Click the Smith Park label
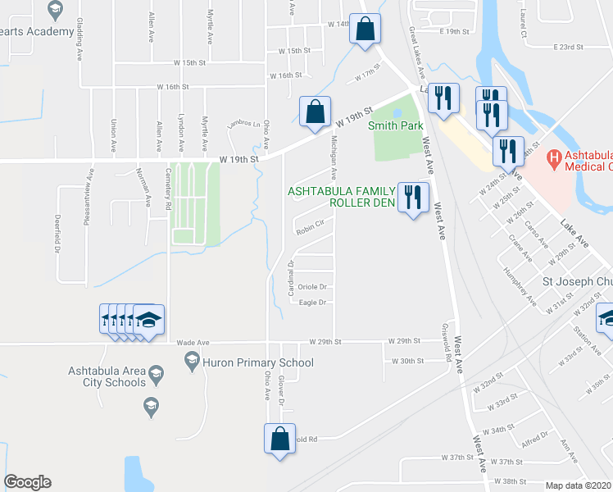(395, 125)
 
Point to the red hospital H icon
(555, 156)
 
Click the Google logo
(27, 482)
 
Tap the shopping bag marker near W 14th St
(366, 30)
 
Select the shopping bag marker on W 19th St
(314, 111)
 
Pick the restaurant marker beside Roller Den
(412, 197)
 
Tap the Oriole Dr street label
(313, 287)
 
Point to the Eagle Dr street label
(313, 303)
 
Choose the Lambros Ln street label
(243, 122)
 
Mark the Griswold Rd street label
(448, 342)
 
